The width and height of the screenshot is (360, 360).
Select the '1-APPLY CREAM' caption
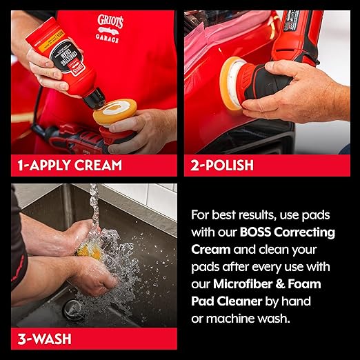click(x=70, y=165)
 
